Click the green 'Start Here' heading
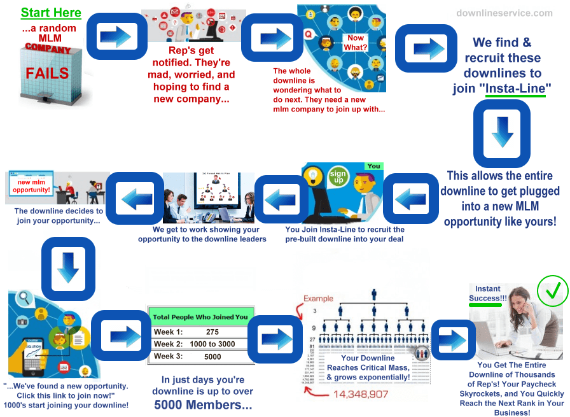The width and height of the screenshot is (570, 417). click(x=51, y=13)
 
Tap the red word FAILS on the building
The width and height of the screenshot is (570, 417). click(x=47, y=73)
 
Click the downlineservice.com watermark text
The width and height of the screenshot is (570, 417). click(x=504, y=13)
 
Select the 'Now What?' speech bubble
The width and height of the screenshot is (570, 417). click(x=356, y=43)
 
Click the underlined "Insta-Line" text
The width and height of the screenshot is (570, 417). click(x=515, y=88)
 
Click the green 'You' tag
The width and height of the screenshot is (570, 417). click(x=374, y=166)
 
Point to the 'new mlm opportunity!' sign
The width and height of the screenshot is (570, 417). click(x=30, y=185)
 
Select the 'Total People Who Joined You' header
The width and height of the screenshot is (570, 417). click(x=200, y=316)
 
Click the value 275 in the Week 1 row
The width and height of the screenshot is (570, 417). click(x=212, y=332)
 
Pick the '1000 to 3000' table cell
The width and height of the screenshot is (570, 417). click(x=212, y=344)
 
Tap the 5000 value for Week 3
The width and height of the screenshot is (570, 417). click(x=212, y=357)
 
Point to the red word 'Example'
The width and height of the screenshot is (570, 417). click(x=318, y=299)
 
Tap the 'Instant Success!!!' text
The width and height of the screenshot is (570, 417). click(x=488, y=293)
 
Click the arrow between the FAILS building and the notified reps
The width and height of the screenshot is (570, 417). click(x=115, y=36)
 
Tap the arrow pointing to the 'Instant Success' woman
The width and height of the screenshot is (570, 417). click(x=453, y=336)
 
